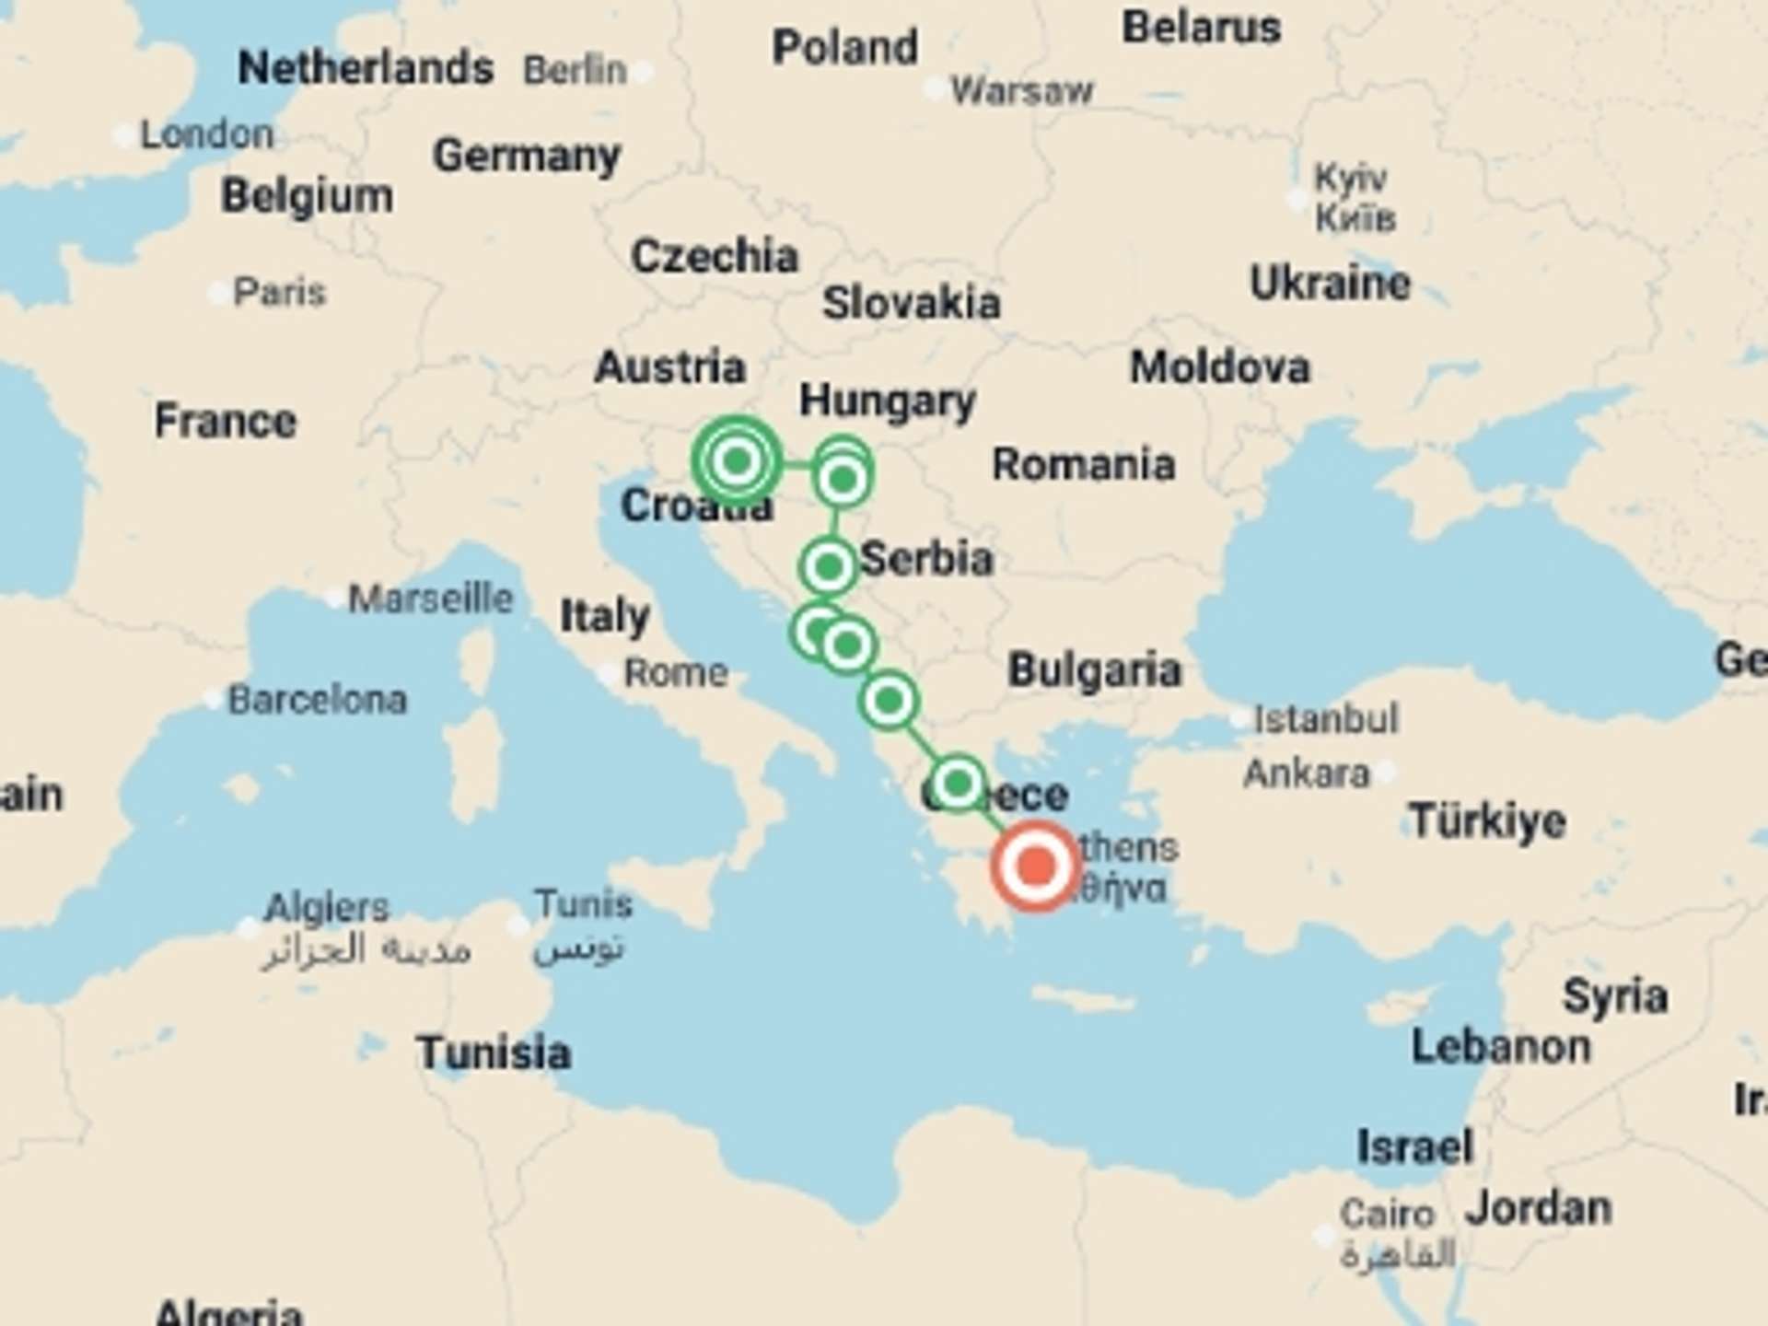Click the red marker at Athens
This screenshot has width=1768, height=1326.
point(1036,867)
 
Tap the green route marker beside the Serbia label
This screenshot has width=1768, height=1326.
point(829,566)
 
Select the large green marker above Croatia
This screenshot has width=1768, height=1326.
point(737,460)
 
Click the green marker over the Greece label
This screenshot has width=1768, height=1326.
point(958,784)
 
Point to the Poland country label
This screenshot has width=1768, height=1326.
point(844,47)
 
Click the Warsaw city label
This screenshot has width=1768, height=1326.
point(1021,91)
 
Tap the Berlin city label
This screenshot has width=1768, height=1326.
point(575,70)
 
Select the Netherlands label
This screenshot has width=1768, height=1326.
point(366,67)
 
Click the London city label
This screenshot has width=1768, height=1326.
point(206,134)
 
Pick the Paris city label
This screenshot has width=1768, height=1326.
point(279,293)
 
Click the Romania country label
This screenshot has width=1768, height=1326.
point(1083,464)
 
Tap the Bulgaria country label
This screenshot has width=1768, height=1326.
point(1094,669)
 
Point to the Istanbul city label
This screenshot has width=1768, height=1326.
point(1326,718)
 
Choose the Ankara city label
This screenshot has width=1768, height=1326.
point(1307,773)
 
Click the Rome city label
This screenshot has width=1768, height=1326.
point(676,673)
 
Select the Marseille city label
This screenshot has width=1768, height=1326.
point(430,599)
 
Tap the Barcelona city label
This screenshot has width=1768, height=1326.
point(317,700)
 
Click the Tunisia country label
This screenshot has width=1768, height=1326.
point(494,1053)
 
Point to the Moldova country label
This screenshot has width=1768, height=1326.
point(1219,367)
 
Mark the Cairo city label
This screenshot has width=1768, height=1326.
point(1387,1214)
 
